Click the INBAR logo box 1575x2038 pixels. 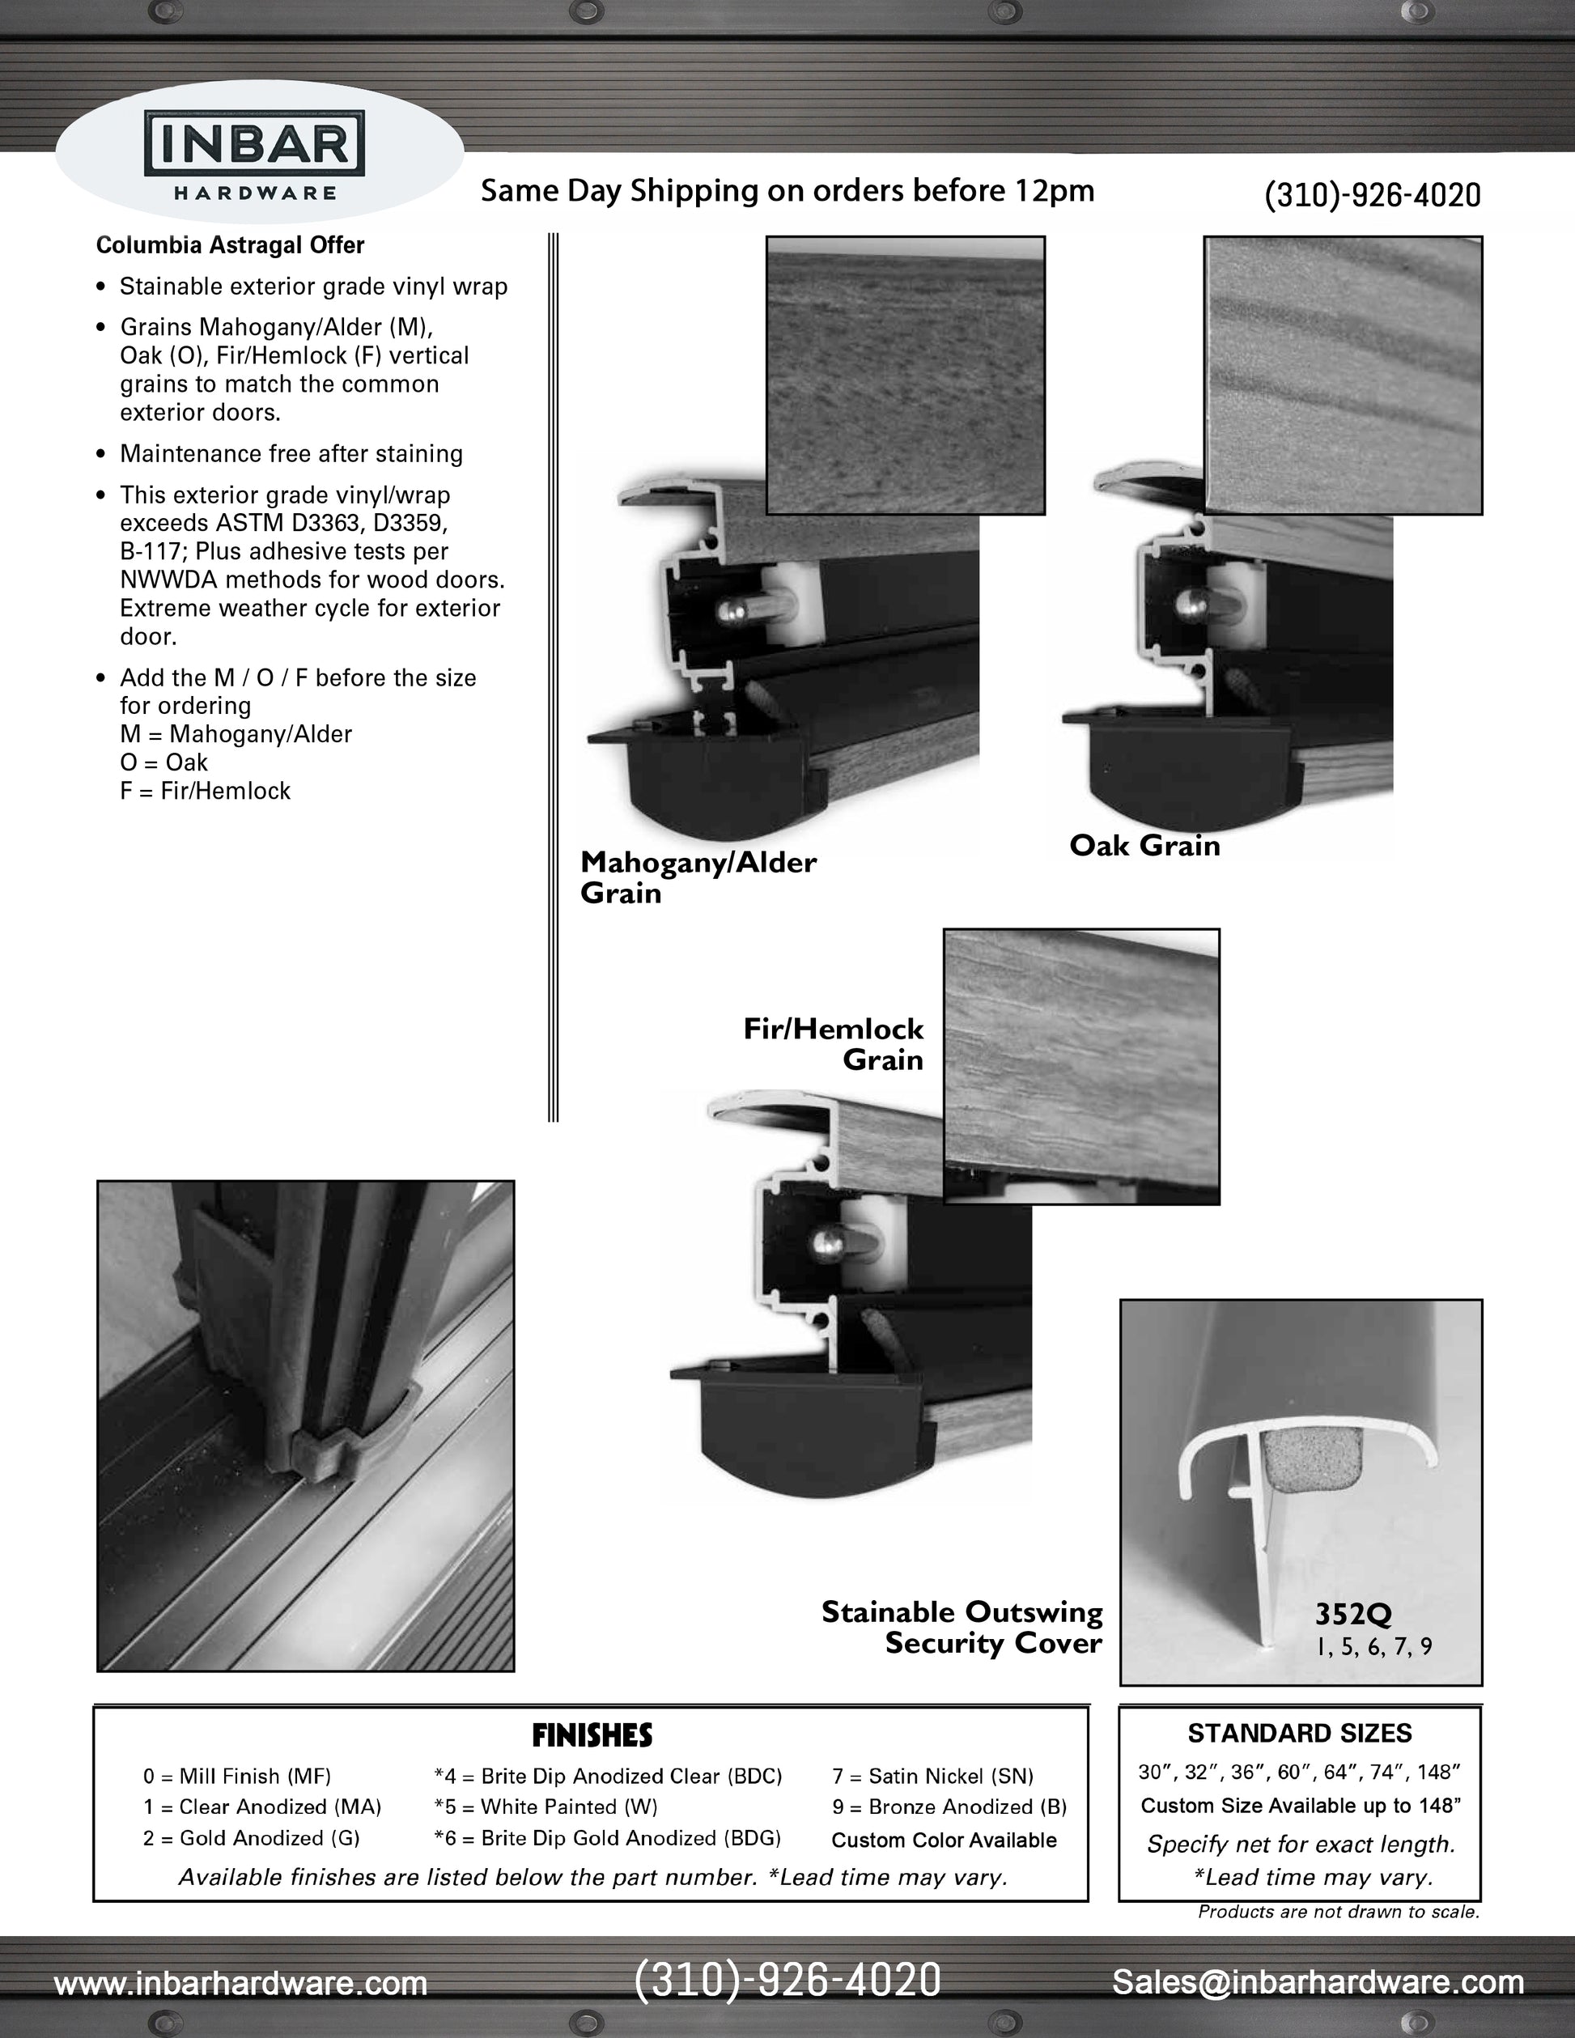(x=254, y=142)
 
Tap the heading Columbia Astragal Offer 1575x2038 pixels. (x=230, y=245)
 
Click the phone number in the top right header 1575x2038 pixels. (x=1372, y=195)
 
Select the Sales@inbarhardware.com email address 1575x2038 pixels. (x=1318, y=1981)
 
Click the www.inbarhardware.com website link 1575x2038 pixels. (x=240, y=1983)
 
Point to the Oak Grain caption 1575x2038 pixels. (x=1144, y=846)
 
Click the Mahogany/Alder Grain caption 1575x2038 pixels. (x=697, y=877)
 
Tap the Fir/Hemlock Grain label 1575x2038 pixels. (x=833, y=1043)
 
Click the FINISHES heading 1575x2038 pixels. (x=592, y=1735)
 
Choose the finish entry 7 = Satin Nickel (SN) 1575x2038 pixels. (x=932, y=1776)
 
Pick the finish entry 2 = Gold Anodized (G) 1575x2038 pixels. (x=251, y=1837)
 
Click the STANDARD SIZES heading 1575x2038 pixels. (x=1299, y=1734)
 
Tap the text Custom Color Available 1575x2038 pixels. (x=944, y=1841)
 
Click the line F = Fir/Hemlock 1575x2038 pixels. (x=206, y=792)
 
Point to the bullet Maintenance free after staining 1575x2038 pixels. (x=291, y=454)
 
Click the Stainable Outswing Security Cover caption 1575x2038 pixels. (x=962, y=1628)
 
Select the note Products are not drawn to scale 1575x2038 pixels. (x=1338, y=1912)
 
